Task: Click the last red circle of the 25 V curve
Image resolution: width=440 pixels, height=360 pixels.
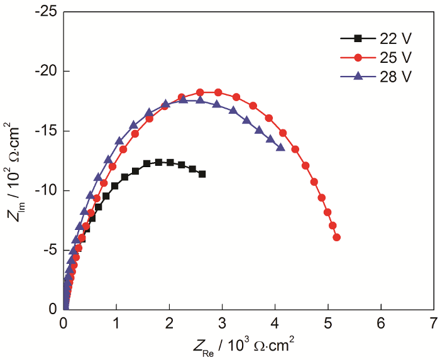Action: [336, 237]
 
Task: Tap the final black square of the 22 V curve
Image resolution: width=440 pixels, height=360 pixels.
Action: [202, 174]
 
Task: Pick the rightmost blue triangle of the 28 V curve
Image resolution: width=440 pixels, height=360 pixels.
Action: [280, 148]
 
